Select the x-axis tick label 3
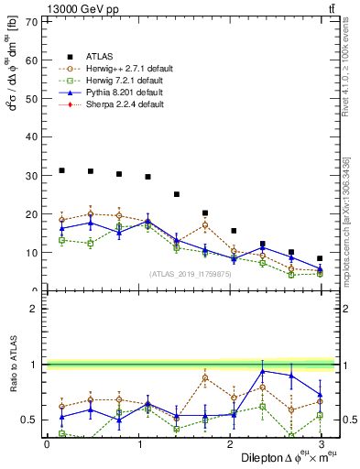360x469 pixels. coord(320,445)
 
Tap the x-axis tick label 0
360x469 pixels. coord(47,445)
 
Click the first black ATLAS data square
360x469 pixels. coord(61,170)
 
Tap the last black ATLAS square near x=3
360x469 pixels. coord(320,258)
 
